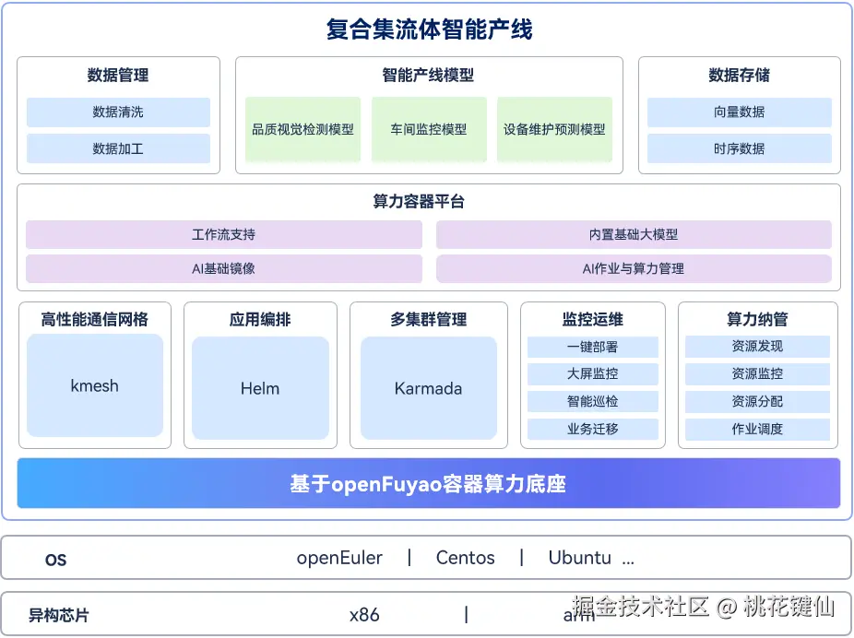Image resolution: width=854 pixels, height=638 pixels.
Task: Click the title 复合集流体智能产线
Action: [429, 30]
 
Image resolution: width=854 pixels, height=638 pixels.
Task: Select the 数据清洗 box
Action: [118, 112]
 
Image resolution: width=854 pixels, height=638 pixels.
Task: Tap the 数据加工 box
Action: [118, 148]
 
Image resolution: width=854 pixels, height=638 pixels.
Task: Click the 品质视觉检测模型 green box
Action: [302, 130]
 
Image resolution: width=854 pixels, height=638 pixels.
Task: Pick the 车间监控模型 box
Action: [428, 130]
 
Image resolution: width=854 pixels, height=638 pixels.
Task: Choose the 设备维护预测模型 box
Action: [554, 130]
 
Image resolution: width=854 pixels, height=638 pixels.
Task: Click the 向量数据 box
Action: [739, 112]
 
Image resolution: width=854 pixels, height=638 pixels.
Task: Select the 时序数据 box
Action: [739, 148]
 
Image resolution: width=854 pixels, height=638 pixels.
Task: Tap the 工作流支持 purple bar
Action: [223, 235]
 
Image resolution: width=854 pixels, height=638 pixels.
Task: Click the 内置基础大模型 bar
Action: [633, 235]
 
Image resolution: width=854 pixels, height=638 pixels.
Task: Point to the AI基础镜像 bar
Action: [223, 269]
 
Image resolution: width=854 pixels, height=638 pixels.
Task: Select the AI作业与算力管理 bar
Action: [633, 269]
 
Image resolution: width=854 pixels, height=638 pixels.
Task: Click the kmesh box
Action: [95, 385]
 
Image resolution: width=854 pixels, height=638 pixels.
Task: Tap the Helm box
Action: [260, 388]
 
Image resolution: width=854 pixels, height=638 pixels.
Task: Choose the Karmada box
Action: [428, 388]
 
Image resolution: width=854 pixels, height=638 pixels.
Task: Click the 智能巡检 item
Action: [592, 402]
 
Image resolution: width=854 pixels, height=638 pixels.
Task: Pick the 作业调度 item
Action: [757, 430]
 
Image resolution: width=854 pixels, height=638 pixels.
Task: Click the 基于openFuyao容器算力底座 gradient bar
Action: [428, 483]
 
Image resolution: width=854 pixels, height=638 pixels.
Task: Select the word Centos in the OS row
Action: [465, 558]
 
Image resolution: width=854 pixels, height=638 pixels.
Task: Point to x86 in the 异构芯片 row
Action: [364, 615]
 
